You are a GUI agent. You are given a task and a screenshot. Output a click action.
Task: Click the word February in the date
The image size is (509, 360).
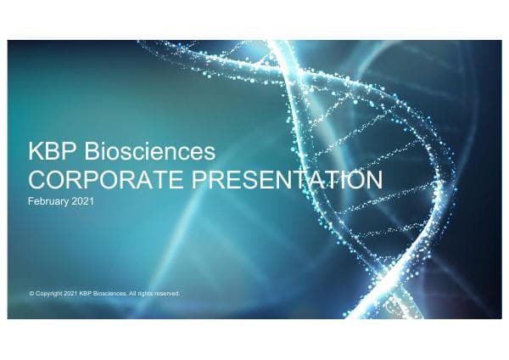48,202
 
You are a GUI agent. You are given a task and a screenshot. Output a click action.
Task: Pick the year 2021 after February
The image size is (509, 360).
82,202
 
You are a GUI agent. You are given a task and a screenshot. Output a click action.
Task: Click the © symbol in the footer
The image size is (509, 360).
31,294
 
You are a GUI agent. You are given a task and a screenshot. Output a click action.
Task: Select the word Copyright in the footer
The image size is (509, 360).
48,294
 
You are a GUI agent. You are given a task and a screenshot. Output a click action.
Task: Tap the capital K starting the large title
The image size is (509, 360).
36,154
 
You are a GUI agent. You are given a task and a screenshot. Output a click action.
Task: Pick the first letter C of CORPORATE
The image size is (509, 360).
37,180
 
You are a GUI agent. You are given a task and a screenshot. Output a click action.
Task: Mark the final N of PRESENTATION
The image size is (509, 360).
373,180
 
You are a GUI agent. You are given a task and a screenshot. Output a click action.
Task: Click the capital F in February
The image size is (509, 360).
31,202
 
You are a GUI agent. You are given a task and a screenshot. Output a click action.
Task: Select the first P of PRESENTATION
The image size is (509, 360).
194,180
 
